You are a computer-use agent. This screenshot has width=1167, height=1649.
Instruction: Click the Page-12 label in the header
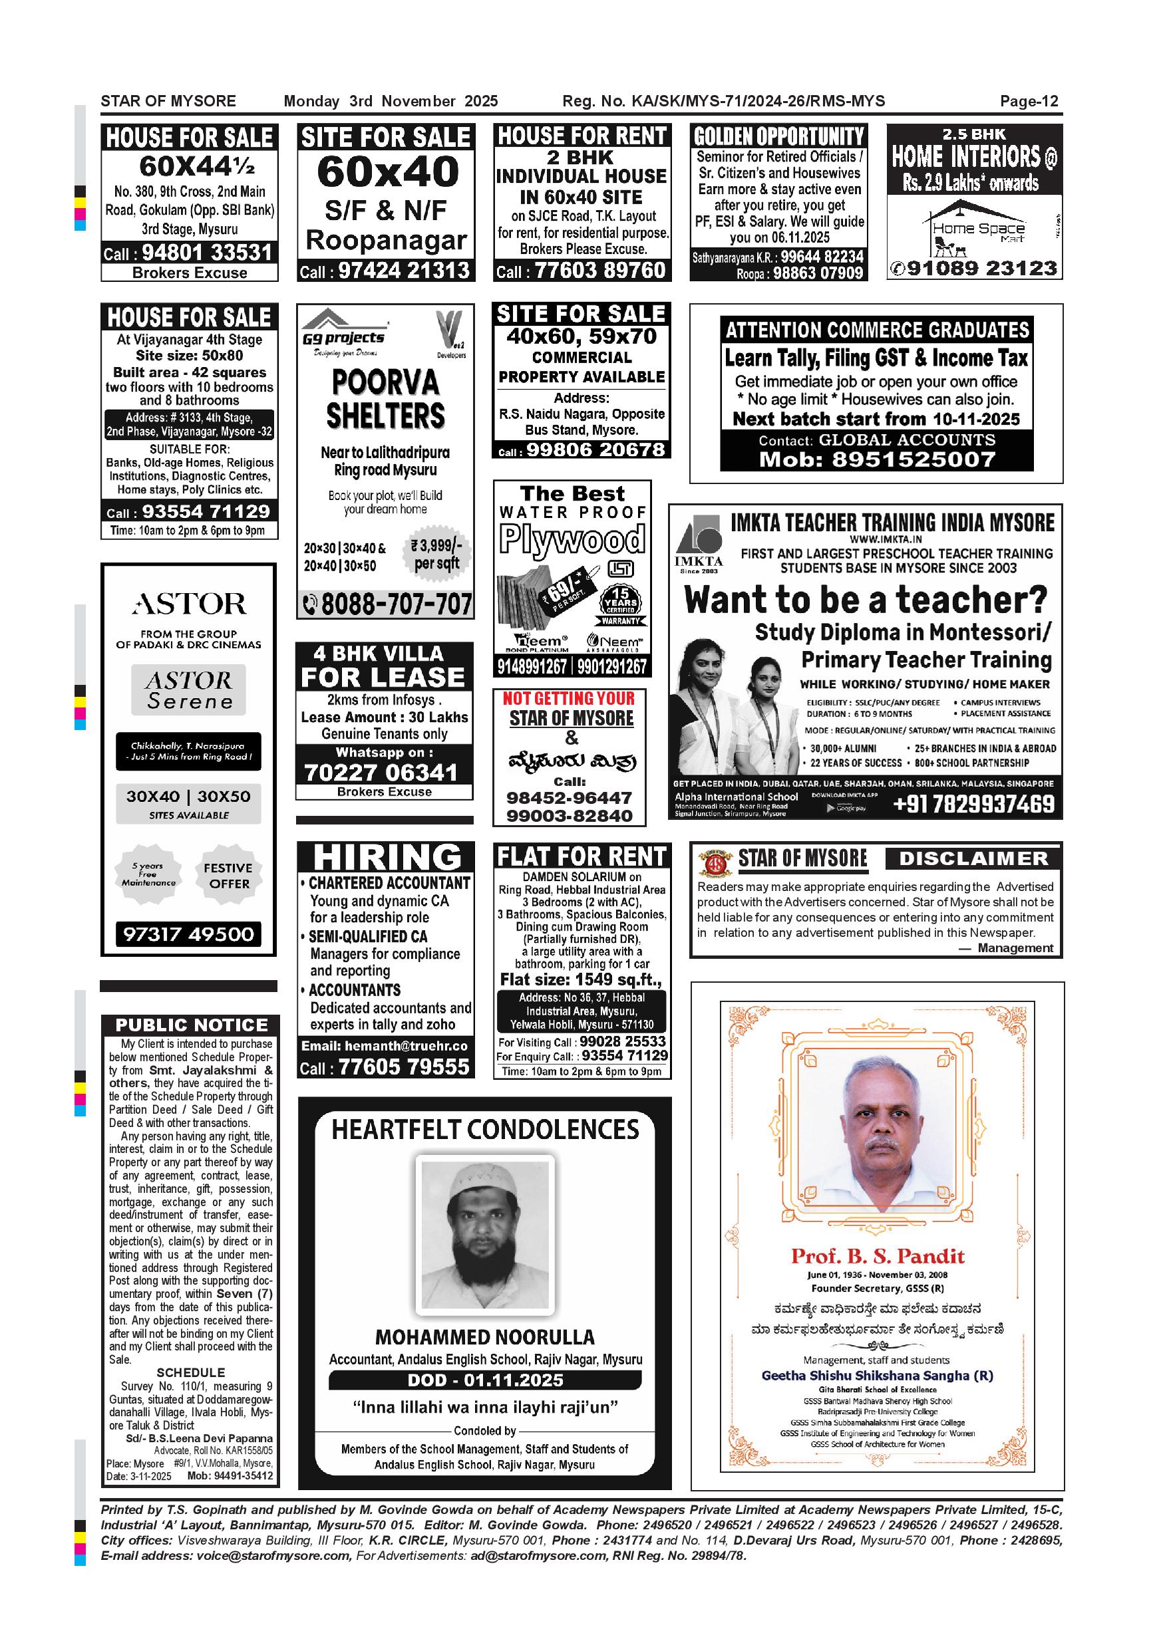coord(1029,101)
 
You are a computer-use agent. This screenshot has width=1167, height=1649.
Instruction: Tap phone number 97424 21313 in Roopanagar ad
coord(403,270)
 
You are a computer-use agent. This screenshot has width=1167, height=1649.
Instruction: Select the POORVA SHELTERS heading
coord(386,400)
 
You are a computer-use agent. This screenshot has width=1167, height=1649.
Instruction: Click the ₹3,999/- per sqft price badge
coord(436,555)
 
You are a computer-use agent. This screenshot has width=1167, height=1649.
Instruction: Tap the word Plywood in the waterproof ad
coord(573,539)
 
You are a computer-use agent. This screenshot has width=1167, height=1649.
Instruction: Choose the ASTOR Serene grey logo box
coord(188,690)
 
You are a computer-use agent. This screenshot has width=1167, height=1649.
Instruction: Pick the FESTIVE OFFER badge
coord(228,876)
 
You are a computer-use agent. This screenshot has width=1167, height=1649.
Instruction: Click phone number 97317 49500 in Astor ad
coord(189,934)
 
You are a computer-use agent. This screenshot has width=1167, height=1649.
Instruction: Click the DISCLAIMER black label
coord(973,858)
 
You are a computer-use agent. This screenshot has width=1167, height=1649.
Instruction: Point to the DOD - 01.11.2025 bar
coord(485,1380)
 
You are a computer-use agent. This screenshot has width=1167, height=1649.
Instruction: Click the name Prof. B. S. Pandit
coord(878,1256)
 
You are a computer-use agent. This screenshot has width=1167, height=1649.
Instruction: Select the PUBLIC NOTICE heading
coord(191,1025)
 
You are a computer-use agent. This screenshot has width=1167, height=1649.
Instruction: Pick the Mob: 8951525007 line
coord(877,459)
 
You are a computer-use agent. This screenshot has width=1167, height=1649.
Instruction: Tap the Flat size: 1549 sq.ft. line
coord(581,979)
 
